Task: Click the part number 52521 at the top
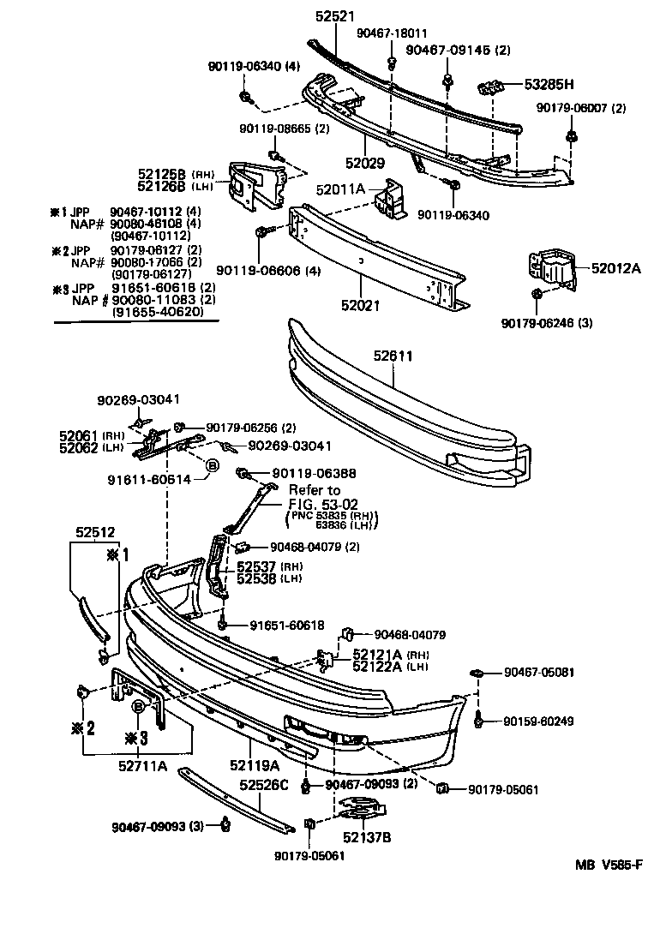(x=335, y=16)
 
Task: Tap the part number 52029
(x=367, y=162)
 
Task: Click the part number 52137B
(x=367, y=836)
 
